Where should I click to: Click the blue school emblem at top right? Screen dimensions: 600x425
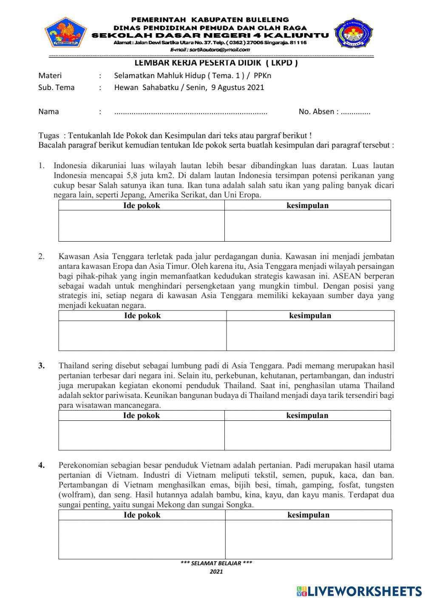[353, 33]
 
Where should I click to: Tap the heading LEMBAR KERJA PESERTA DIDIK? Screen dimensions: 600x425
[216, 63]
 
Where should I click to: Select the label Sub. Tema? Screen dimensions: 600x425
[56, 87]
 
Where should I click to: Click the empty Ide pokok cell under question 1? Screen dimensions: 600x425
[142, 226]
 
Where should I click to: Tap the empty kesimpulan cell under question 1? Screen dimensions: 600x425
[307, 226]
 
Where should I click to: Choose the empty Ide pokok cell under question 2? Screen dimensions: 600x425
[142, 335]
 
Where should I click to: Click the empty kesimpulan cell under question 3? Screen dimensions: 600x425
[307, 435]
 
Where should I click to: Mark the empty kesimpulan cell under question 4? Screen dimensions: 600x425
[309, 539]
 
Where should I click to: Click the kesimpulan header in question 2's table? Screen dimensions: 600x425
[310, 315]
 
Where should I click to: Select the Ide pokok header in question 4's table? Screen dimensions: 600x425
[142, 515]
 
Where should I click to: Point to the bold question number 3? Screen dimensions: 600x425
[42, 366]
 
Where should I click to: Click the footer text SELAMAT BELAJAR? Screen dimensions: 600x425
[216, 563]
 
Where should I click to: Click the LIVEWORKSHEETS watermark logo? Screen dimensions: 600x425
[359, 591]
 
